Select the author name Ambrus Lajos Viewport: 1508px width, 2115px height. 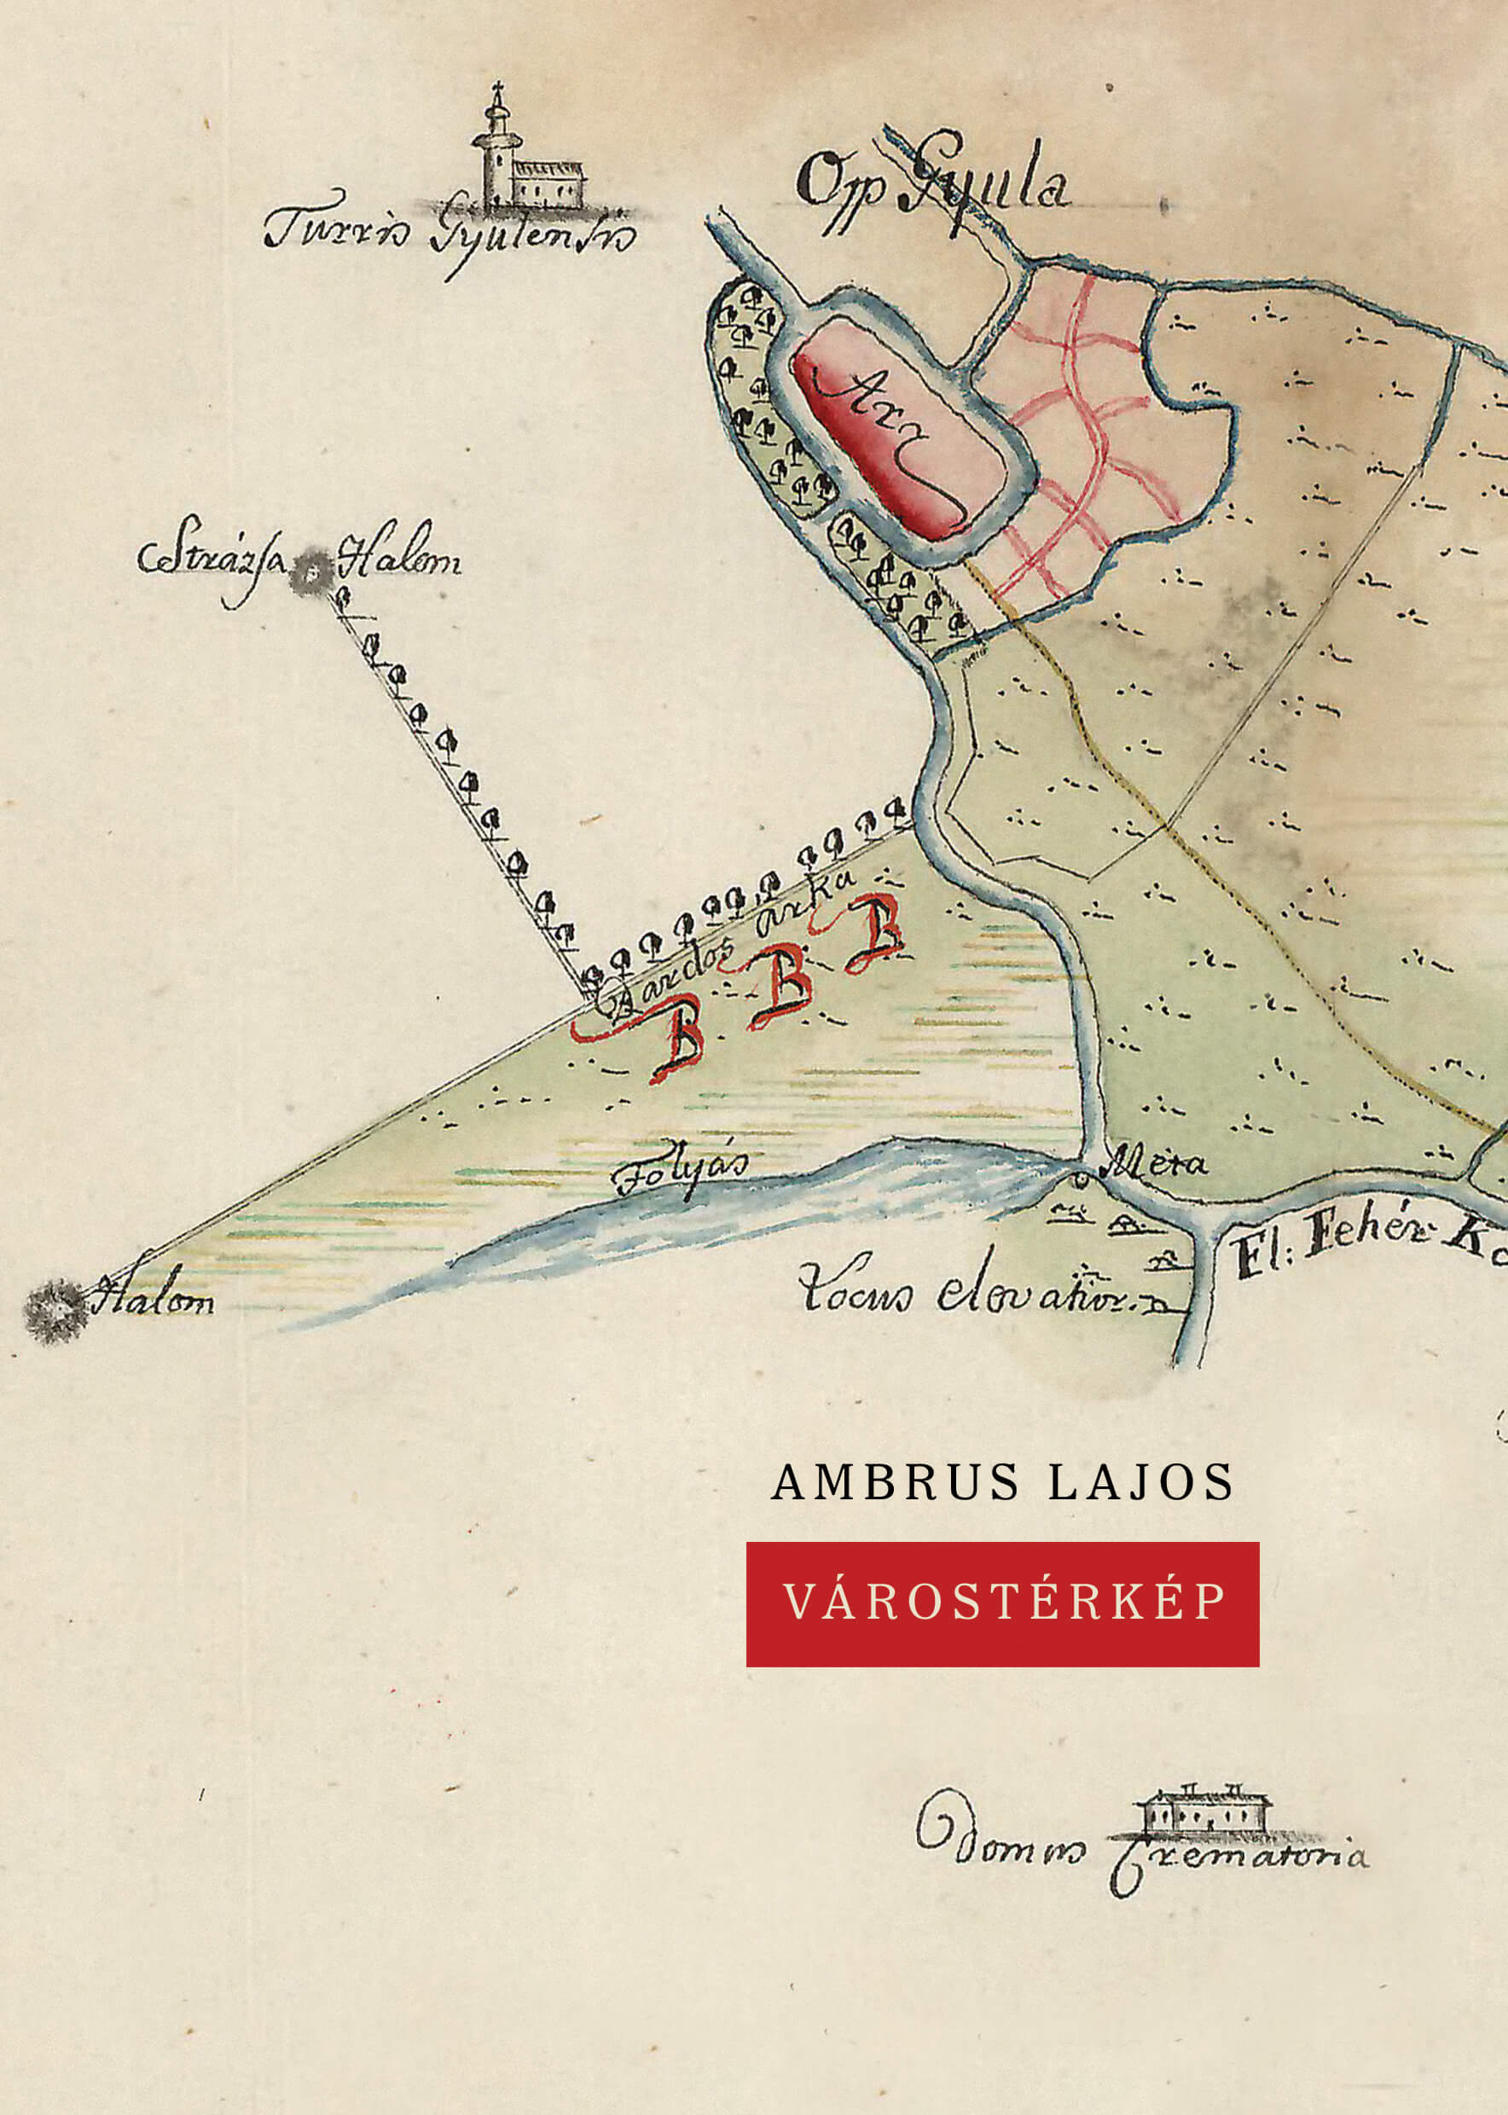(x=1002, y=1483)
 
